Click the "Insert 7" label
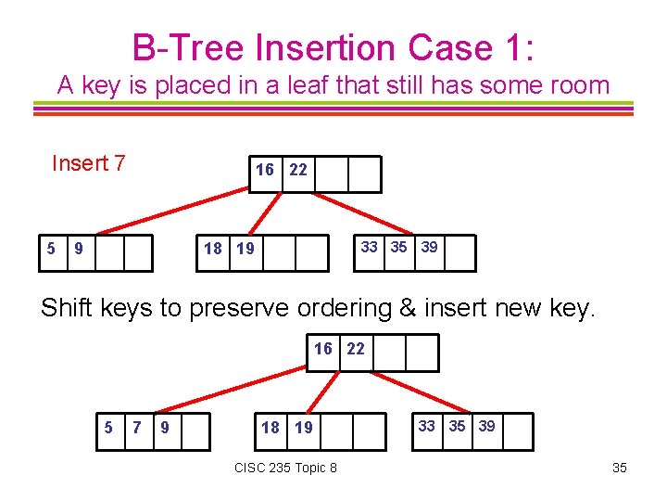point(89,164)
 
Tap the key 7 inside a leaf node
point(137,428)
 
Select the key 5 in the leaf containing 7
point(108,428)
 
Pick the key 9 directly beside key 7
point(165,428)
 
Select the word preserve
point(245,308)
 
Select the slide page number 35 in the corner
point(620,468)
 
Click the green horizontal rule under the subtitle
point(333,104)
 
